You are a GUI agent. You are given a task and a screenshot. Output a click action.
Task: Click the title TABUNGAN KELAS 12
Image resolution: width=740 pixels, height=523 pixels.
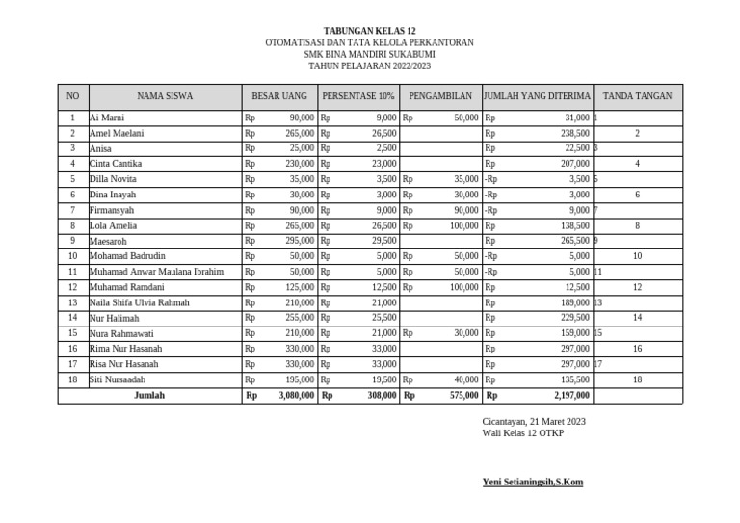click(x=370, y=32)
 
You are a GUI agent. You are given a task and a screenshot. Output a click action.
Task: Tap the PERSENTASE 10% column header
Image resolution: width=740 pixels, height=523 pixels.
click(x=358, y=97)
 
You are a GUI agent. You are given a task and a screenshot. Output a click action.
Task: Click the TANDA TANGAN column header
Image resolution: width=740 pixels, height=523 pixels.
click(x=637, y=97)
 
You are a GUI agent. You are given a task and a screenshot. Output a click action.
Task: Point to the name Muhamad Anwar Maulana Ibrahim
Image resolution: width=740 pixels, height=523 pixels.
click(x=156, y=272)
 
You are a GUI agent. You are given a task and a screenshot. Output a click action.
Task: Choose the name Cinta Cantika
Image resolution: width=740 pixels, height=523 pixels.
click(x=115, y=164)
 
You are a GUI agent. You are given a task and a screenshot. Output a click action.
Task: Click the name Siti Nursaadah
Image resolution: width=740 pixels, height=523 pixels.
click(x=118, y=379)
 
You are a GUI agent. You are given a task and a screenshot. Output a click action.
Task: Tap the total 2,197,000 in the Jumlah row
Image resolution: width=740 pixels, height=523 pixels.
click(x=571, y=395)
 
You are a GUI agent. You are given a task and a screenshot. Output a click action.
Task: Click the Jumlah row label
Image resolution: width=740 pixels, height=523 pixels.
click(x=149, y=395)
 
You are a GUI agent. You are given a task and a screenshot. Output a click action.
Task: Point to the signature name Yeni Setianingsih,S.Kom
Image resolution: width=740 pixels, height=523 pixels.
click(x=532, y=482)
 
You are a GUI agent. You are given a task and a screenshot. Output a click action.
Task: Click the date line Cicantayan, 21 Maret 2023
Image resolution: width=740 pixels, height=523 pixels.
click(x=534, y=422)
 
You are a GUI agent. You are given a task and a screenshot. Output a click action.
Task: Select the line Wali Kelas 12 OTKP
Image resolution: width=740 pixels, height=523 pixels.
click(x=523, y=433)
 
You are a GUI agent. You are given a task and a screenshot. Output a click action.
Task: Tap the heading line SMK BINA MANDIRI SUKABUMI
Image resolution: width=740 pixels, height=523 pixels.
click(x=370, y=55)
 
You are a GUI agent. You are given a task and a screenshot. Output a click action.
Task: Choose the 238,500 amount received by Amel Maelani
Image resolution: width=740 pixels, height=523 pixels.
click(x=575, y=133)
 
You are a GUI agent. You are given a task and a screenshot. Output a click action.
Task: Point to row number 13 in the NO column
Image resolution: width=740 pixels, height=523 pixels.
click(x=72, y=302)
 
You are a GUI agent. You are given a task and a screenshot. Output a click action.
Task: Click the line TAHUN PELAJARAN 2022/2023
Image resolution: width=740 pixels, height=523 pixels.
click(x=370, y=66)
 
